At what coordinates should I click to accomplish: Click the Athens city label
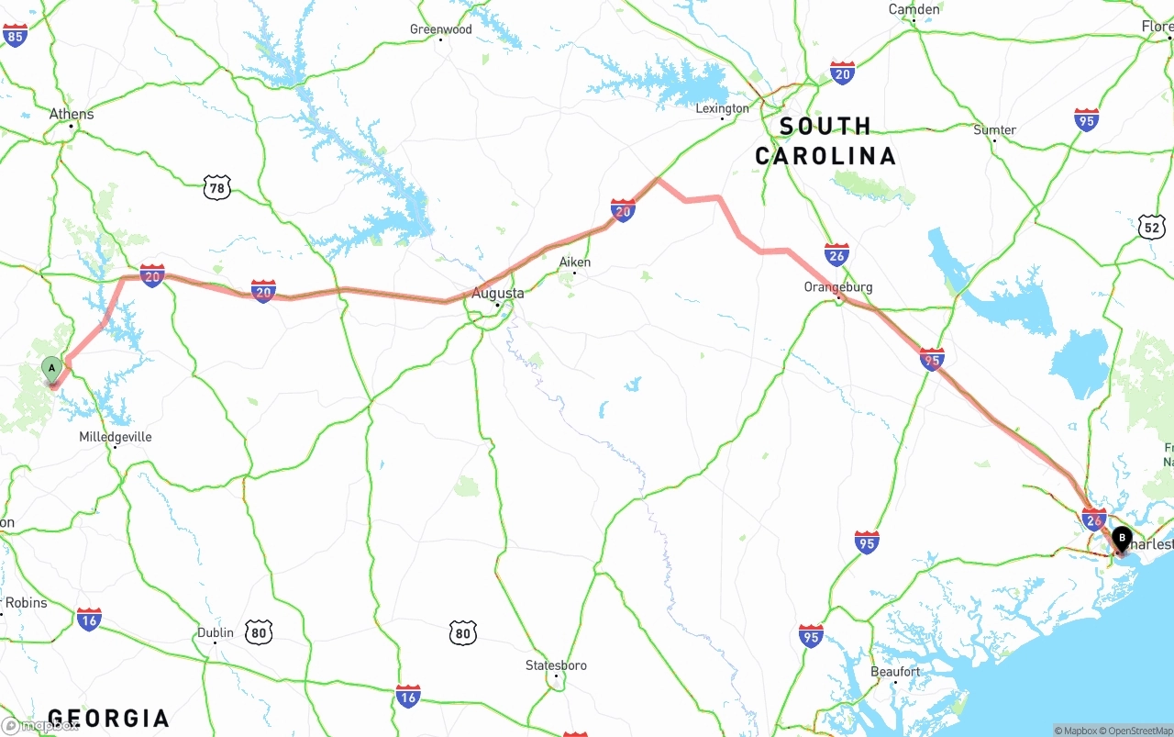[x=72, y=115]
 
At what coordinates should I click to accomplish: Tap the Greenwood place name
[x=440, y=29]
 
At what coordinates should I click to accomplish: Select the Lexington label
[x=722, y=108]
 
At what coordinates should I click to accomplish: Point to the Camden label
[x=914, y=9]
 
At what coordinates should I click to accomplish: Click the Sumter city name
[x=994, y=130]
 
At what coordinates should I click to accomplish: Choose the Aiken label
[x=575, y=262]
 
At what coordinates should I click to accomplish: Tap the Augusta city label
[x=498, y=294]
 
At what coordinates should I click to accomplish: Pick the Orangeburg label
[x=837, y=287]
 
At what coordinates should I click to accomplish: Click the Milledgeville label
[x=116, y=437]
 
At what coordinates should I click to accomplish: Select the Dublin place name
[x=216, y=632]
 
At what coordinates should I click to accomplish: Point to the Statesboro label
[x=556, y=665]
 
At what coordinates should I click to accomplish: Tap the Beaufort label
[x=895, y=672]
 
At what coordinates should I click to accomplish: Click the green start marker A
[x=52, y=369]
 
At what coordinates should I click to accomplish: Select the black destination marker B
[x=1122, y=539]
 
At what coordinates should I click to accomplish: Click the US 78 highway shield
[x=216, y=188]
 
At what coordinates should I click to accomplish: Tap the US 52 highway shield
[x=1153, y=226]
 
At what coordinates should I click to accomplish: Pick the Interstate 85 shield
[x=15, y=36]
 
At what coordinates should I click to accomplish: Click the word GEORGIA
[x=108, y=718]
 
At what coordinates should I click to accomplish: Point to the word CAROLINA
[x=825, y=156]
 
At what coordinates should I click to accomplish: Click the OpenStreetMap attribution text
[x=1139, y=731]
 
